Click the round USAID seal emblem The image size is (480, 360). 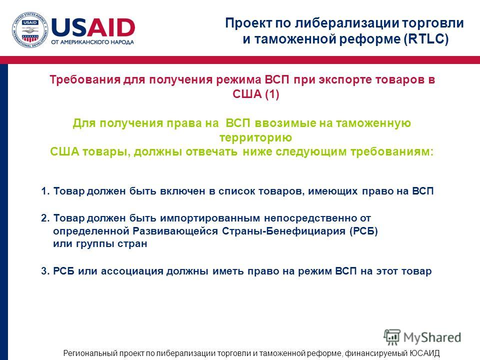pos(30,30)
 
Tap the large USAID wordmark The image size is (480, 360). pos(93,27)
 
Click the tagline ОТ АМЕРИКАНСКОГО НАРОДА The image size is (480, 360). pos(92,42)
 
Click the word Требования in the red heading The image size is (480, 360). pos(85,79)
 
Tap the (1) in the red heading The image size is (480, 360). pos(272,94)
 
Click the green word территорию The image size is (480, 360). pos(255,138)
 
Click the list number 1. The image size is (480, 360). pos(45,191)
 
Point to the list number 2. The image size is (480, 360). pos(45,218)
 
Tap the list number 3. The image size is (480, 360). pos(45,271)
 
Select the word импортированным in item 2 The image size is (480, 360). pos(210,218)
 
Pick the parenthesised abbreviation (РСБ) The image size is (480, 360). pos(363,231)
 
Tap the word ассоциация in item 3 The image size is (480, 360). pos(132,271)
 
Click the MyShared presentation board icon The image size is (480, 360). pos(391,336)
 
